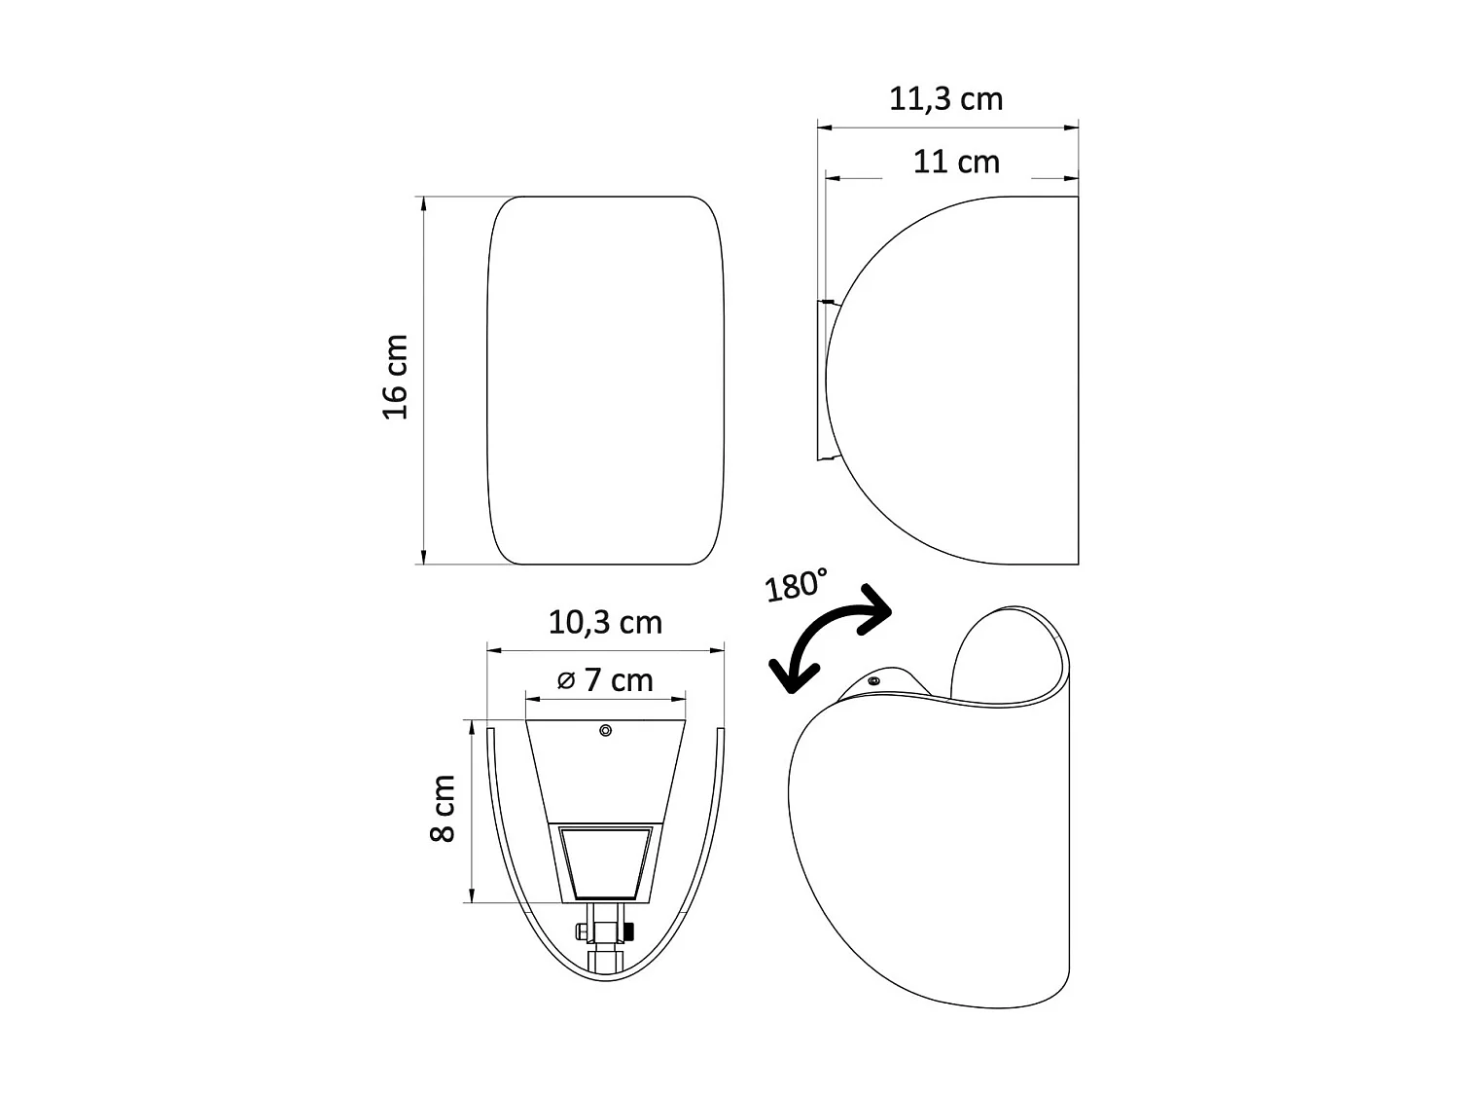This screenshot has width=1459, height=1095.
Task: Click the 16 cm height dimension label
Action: [x=395, y=377]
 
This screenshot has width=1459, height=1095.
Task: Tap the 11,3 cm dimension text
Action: [x=945, y=99]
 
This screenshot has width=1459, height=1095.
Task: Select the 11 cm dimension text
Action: [x=956, y=162]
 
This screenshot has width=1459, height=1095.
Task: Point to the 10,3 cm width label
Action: [x=605, y=622]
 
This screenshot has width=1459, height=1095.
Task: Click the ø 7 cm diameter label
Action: [x=605, y=679]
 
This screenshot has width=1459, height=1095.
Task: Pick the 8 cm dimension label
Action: [x=444, y=808]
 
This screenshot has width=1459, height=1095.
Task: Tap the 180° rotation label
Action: [x=795, y=586]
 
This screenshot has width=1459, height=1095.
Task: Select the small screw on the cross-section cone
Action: [x=605, y=730]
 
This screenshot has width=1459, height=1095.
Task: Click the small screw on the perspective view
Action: [x=873, y=681]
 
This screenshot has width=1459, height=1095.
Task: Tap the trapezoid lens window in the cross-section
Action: [x=605, y=862]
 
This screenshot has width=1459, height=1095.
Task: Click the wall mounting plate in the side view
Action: [x=821, y=380]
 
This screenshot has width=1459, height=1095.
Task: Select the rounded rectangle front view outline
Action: [x=605, y=380]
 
